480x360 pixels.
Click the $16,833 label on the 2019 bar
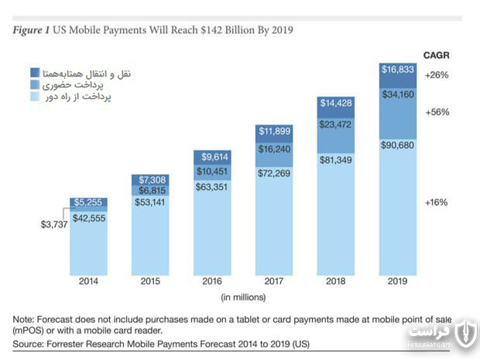coord(398,70)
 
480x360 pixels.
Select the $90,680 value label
coord(397,145)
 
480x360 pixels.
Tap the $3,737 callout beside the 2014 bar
coord(54,225)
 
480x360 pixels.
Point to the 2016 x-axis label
coord(212,281)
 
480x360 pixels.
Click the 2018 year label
coord(335,281)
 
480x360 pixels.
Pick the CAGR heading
coord(437,56)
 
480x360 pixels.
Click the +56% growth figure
coord(437,112)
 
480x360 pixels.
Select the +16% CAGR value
coord(437,202)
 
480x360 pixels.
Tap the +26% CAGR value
coord(437,74)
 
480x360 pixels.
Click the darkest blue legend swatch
coord(35,73)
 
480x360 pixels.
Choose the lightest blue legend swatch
coord(35,97)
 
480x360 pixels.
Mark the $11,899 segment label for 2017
coord(275,131)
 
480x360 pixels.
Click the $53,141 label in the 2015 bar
coord(150,202)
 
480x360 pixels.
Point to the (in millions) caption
coord(243,297)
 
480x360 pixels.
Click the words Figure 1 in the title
coord(31,30)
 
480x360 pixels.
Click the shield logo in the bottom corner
coord(466,334)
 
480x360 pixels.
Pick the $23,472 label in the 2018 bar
coord(335,125)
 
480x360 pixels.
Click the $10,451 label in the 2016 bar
coord(212,171)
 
